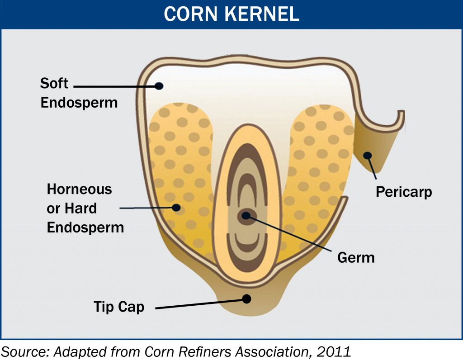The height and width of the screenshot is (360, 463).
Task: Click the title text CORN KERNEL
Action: tap(231, 14)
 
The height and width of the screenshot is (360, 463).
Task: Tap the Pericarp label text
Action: tap(403, 192)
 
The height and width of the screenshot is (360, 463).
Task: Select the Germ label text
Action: tap(356, 258)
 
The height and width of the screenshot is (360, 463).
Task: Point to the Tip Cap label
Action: tap(119, 307)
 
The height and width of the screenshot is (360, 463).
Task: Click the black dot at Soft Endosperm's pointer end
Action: tap(158, 85)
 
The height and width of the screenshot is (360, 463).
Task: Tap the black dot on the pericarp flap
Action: tap(368, 156)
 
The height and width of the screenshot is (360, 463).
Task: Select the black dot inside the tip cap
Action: tap(246, 299)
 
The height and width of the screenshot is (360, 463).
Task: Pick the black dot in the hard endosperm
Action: tap(176, 208)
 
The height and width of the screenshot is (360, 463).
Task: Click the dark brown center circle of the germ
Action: tap(246, 215)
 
